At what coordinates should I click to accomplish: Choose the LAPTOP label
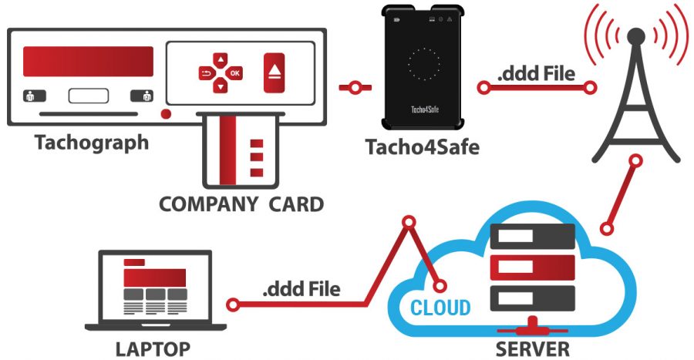click(x=152, y=347)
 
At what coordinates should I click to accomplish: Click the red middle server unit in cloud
click(x=532, y=267)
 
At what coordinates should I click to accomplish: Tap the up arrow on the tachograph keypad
click(x=221, y=58)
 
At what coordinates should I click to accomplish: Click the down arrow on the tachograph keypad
click(x=221, y=87)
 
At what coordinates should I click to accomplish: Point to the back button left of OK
click(x=206, y=73)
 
